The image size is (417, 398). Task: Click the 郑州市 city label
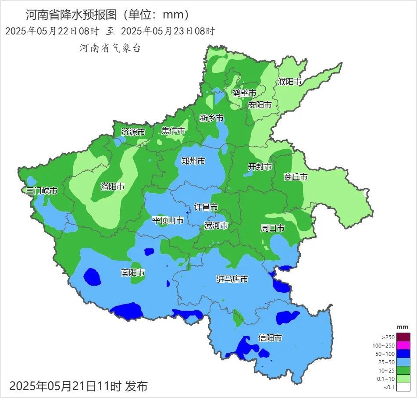[x=193, y=161]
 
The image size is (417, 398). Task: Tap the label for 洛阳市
[x=112, y=186]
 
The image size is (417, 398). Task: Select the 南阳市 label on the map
[x=133, y=273]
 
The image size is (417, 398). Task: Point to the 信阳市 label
[x=270, y=338]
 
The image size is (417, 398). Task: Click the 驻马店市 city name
[x=232, y=279]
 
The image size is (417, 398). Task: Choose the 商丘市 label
[x=296, y=177]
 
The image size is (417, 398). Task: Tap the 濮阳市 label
[x=289, y=82]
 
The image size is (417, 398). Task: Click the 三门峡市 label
[x=42, y=191]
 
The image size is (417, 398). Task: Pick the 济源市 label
[x=133, y=132]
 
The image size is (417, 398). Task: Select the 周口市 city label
[x=272, y=228]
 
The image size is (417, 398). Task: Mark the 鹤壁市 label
[x=244, y=93]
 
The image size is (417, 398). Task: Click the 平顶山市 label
[x=168, y=220]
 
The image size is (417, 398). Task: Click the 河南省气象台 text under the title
[x=110, y=48]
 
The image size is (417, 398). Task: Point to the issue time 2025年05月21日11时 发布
[x=78, y=386]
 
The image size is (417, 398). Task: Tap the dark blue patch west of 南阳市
[x=92, y=276]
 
